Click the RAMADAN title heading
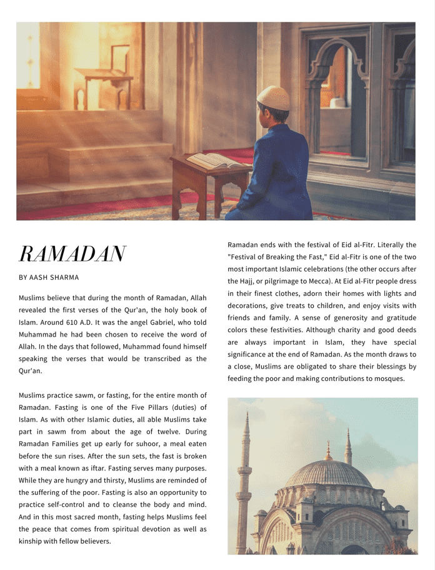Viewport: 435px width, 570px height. pos(72,254)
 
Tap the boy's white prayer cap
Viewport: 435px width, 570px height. pos(274,98)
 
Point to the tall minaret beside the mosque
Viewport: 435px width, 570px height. pos(244,482)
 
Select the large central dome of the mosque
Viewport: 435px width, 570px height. pos(327,474)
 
